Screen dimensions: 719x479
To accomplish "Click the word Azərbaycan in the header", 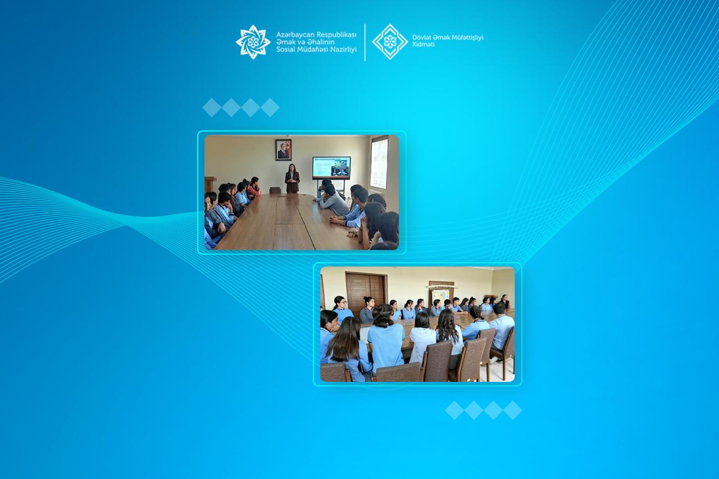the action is click(x=295, y=35).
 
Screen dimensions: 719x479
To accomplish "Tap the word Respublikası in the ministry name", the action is click(x=336, y=35).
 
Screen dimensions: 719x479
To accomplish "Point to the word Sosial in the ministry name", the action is click(x=286, y=49).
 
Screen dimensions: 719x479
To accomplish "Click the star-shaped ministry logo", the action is click(x=253, y=42).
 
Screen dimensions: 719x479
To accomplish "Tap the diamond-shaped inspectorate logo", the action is click(x=390, y=42).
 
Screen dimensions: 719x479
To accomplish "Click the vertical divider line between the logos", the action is click(x=365, y=42).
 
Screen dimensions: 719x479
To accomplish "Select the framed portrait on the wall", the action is click(x=284, y=150).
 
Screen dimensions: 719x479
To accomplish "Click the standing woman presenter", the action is click(x=292, y=179).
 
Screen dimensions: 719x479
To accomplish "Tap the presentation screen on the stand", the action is click(x=331, y=168).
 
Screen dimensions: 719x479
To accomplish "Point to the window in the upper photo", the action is click(x=379, y=163).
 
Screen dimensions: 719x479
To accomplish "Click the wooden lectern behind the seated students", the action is click(x=210, y=185).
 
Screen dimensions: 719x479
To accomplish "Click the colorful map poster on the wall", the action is click(x=441, y=296).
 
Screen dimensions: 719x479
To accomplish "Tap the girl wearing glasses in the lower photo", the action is click(x=341, y=309).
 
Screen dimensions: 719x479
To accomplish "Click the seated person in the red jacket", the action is click(x=254, y=187).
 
